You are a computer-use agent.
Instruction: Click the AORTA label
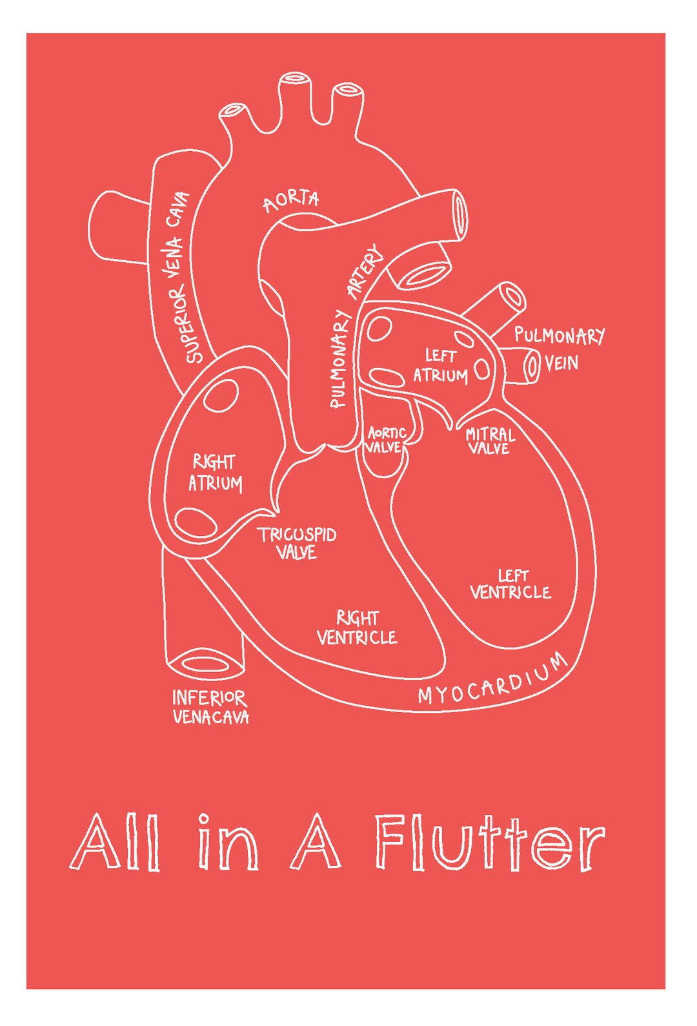point(291,200)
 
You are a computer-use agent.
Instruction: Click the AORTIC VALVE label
point(385,440)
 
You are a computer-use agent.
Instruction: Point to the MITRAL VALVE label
point(490,441)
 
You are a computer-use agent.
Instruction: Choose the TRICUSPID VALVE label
point(298,543)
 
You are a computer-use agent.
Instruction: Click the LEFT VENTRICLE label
point(510,584)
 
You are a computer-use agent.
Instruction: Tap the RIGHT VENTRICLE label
point(357,628)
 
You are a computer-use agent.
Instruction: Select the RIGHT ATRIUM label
point(215,473)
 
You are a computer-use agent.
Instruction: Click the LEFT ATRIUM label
point(440,365)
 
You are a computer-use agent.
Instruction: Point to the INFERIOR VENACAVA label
point(210,707)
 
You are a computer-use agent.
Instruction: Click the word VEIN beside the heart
point(561,364)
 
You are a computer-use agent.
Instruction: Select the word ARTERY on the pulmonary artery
point(365,272)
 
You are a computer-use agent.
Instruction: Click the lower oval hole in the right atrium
point(196,522)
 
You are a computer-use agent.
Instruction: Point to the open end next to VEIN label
point(532,365)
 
